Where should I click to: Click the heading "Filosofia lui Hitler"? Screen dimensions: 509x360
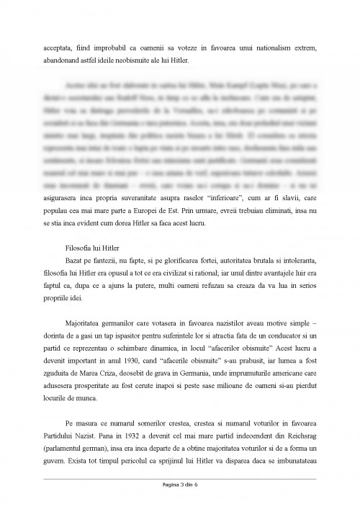(89, 250)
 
